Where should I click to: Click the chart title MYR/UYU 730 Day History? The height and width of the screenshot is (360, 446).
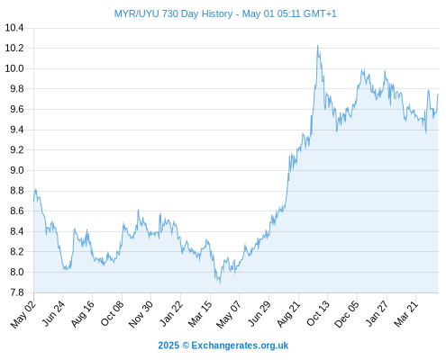tap(173, 13)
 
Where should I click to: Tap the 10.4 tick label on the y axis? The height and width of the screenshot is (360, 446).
tap(14, 28)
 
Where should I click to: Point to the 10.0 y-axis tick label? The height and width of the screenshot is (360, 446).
tap(14, 68)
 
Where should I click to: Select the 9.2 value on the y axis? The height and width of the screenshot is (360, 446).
tap(17, 150)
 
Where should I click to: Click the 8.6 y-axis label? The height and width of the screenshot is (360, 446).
tap(17, 211)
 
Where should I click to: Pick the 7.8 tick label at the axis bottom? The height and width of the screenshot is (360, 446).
tap(17, 292)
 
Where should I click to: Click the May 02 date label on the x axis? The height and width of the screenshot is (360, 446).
tap(23, 314)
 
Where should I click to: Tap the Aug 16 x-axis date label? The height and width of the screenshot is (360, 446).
tap(83, 313)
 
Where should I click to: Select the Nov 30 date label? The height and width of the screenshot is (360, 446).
tap(141, 314)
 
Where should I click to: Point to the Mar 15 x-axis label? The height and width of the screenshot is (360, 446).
tap(200, 314)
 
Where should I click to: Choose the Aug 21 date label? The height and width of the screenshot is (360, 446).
tap(288, 314)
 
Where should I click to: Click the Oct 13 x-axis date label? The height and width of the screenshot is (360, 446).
tap(318, 313)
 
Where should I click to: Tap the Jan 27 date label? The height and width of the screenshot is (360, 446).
tap(378, 313)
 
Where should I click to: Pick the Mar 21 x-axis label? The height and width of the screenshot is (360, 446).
tap(406, 314)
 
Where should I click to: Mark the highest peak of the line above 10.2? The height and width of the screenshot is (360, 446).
tap(317, 45)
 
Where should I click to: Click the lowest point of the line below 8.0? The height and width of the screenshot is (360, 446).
tap(220, 283)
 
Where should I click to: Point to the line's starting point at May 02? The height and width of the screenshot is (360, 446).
tap(33, 202)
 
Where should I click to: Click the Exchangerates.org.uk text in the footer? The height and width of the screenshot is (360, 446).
tap(240, 346)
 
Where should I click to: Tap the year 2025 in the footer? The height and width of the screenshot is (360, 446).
tap(168, 346)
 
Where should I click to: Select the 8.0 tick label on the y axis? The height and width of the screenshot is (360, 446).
tap(17, 272)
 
